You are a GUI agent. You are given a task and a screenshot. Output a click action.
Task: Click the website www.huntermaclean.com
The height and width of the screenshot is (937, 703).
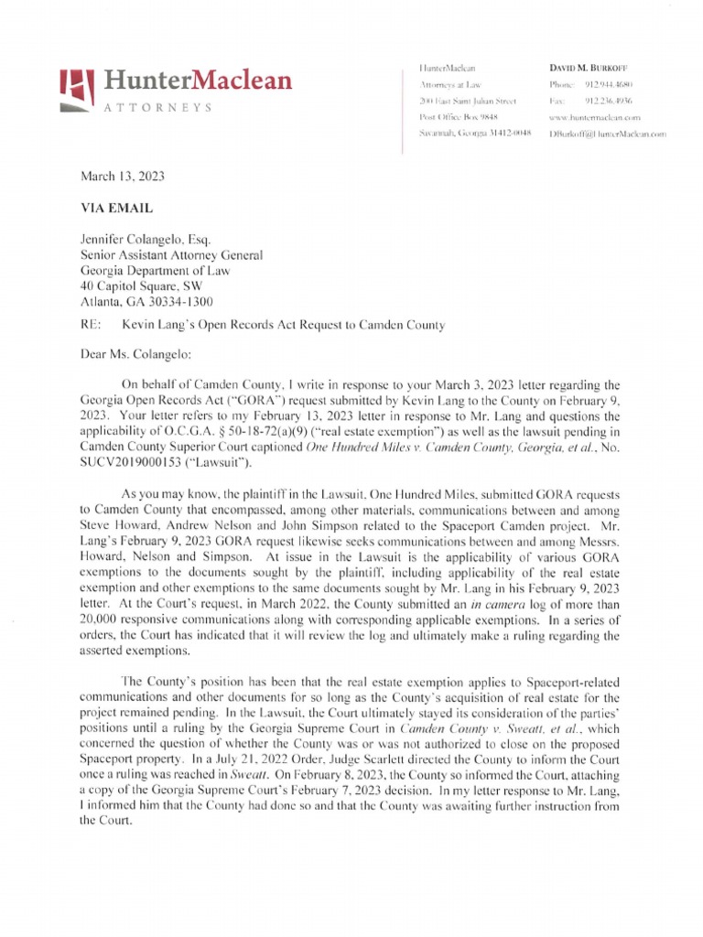coord(593,117)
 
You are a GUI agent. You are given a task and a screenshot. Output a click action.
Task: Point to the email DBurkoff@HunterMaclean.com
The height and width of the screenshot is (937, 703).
coord(607,134)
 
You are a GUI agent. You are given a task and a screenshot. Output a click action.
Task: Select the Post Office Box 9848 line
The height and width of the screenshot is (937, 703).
coord(457,117)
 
